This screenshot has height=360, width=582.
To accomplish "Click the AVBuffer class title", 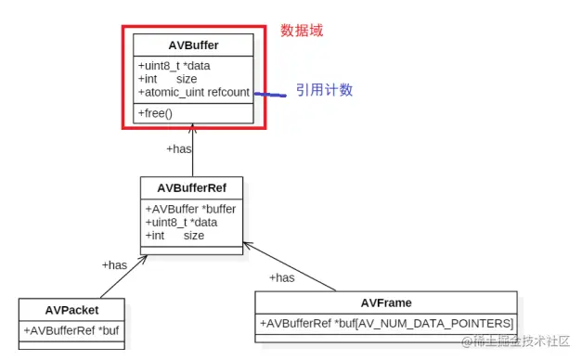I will pyautogui.click(x=194, y=45).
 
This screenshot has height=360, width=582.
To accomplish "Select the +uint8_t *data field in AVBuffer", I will pyautogui.click(x=177, y=66).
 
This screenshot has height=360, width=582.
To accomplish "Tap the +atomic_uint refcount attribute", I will pyautogui.click(x=193, y=92).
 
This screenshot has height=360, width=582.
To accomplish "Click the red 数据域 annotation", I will pyautogui.click(x=302, y=31).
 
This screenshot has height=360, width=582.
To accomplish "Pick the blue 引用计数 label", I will pyautogui.click(x=324, y=90).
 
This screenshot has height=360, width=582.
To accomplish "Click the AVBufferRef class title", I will pyautogui.click(x=192, y=188).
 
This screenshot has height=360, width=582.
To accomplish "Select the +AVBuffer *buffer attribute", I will pyautogui.click(x=190, y=209).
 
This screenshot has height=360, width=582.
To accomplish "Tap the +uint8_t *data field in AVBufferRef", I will pyautogui.click(x=181, y=223).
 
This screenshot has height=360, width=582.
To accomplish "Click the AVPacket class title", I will pyautogui.click(x=71, y=309).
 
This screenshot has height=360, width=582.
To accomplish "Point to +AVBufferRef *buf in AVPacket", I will pyautogui.click(x=71, y=329).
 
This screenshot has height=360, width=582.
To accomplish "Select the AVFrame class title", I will pyautogui.click(x=386, y=302).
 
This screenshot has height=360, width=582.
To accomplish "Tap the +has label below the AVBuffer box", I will pyautogui.click(x=178, y=148).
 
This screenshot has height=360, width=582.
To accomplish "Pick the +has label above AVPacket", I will pyautogui.click(x=114, y=265).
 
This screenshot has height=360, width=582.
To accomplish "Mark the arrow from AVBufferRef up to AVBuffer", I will pyautogui.click(x=193, y=153).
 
